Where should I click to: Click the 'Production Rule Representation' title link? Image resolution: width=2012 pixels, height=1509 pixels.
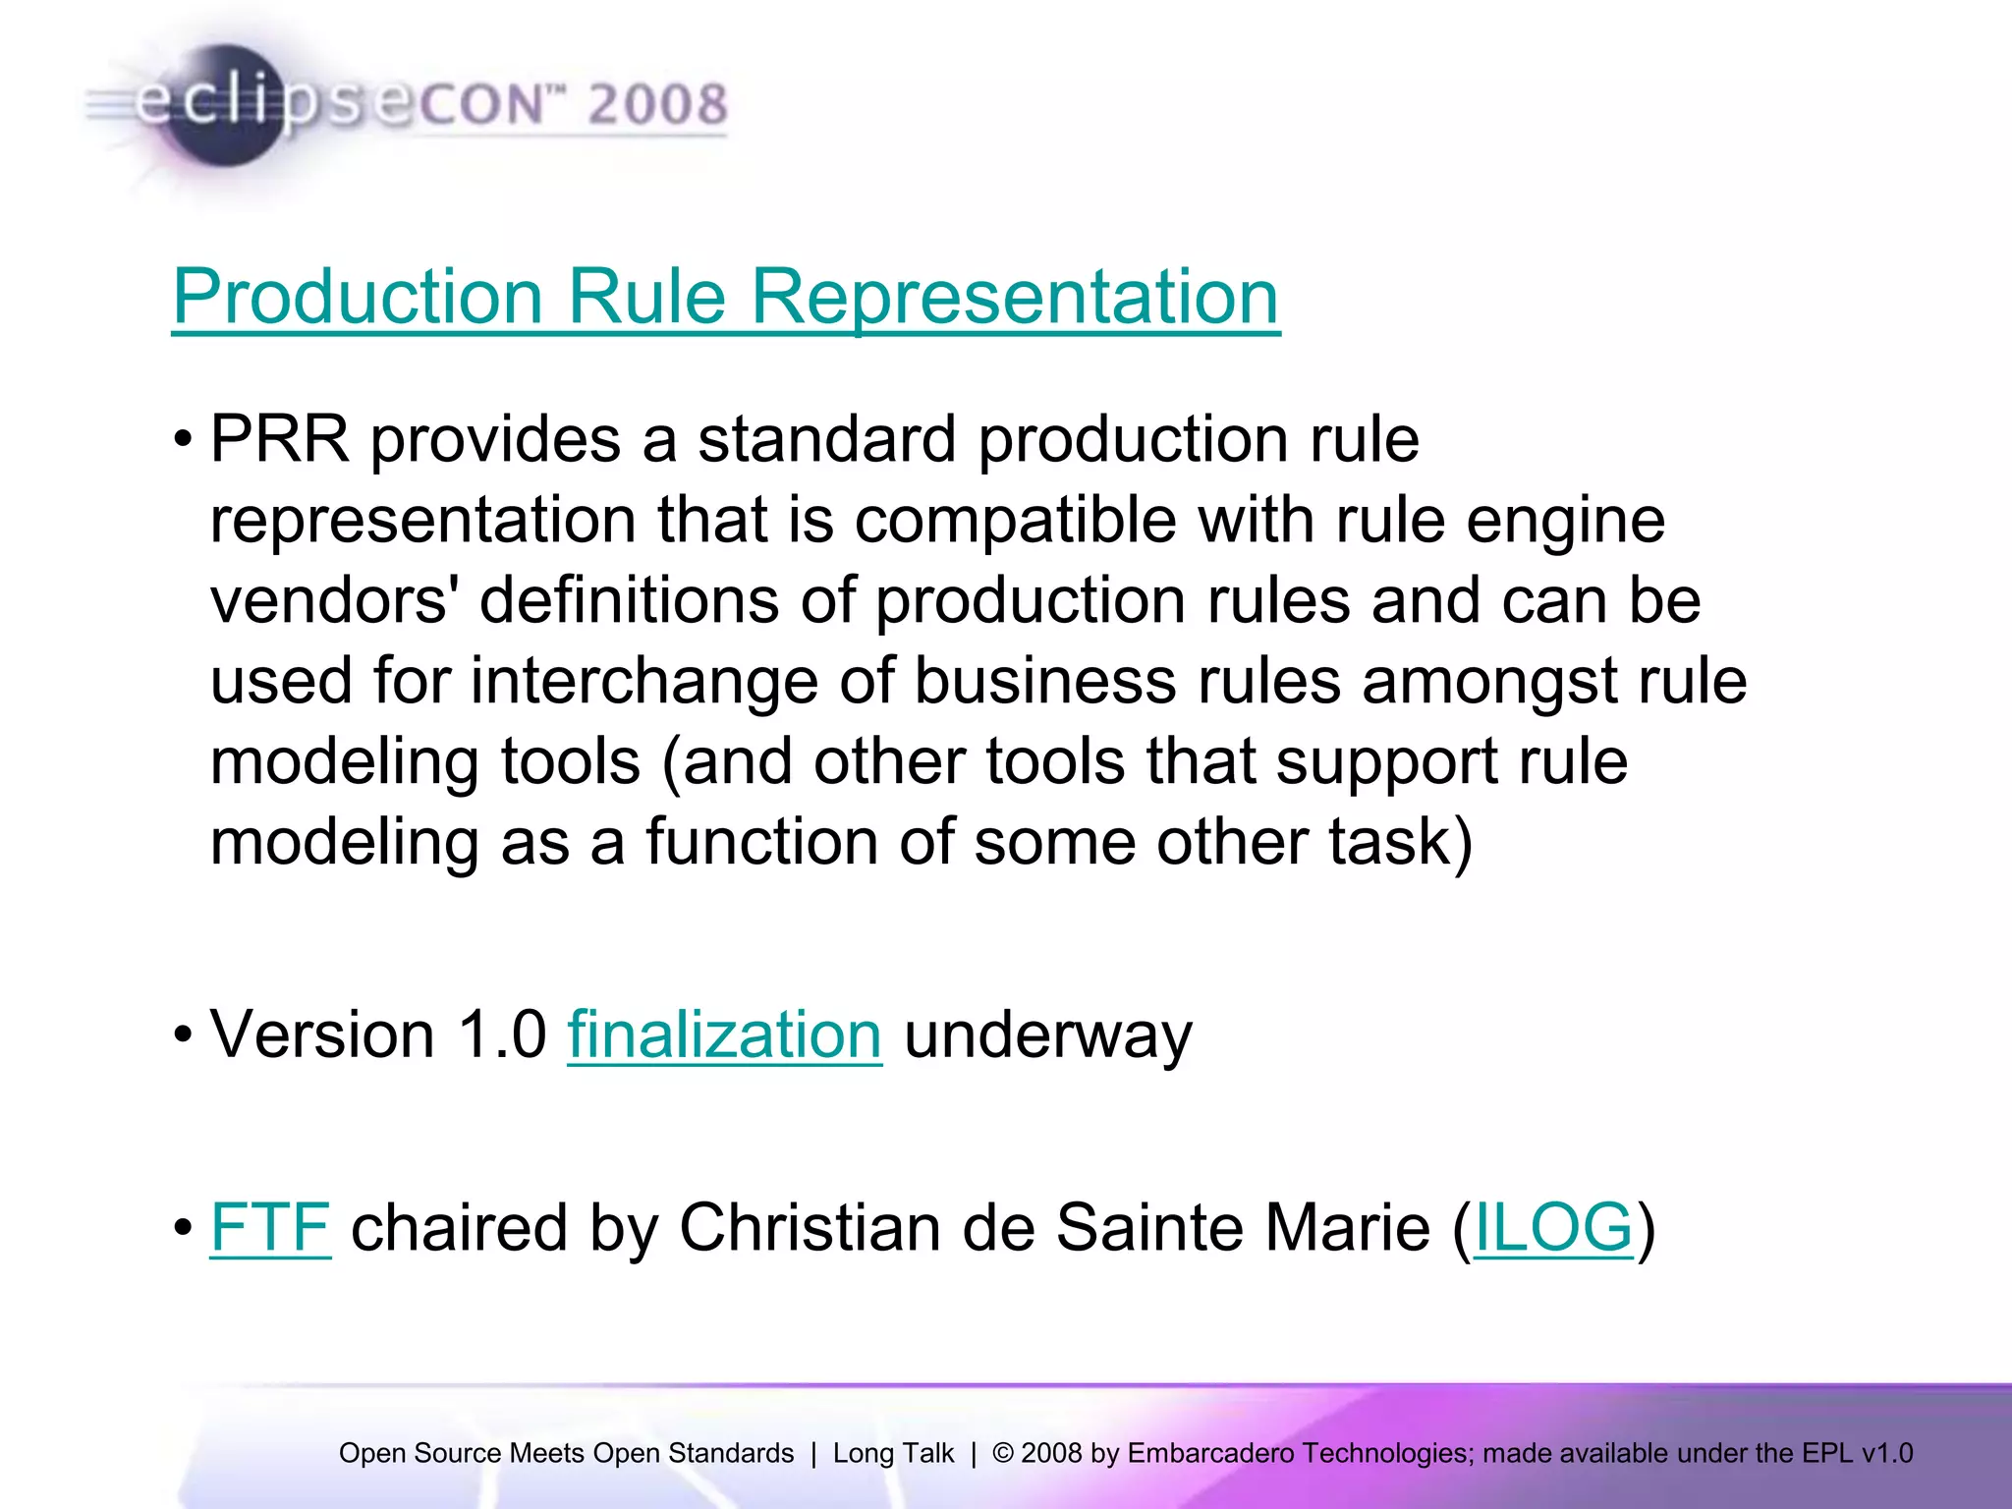pyautogui.click(x=725, y=297)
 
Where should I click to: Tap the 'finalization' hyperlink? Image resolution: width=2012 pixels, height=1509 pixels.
pyautogui.click(x=724, y=1035)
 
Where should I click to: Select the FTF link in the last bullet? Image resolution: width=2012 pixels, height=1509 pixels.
pyautogui.click(x=270, y=1228)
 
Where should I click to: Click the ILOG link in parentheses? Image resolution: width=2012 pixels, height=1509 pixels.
pyautogui.click(x=1553, y=1228)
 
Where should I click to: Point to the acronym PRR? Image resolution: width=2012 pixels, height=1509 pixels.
pyautogui.click(x=280, y=439)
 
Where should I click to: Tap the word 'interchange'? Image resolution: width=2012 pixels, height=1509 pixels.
pyautogui.click(x=644, y=681)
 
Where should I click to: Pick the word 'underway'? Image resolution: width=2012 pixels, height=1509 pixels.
pyautogui.click(x=1047, y=1037)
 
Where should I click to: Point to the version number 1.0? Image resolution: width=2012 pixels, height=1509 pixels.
pyautogui.click(x=502, y=1035)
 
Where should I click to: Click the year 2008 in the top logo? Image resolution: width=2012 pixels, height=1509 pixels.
pyautogui.click(x=657, y=104)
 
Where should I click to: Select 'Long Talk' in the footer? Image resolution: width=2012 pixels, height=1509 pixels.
pyautogui.click(x=893, y=1453)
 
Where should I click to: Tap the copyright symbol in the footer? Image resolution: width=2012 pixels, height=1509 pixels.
pyautogui.click(x=1003, y=1453)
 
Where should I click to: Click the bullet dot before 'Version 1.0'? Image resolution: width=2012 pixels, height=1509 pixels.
pyautogui.click(x=183, y=1035)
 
